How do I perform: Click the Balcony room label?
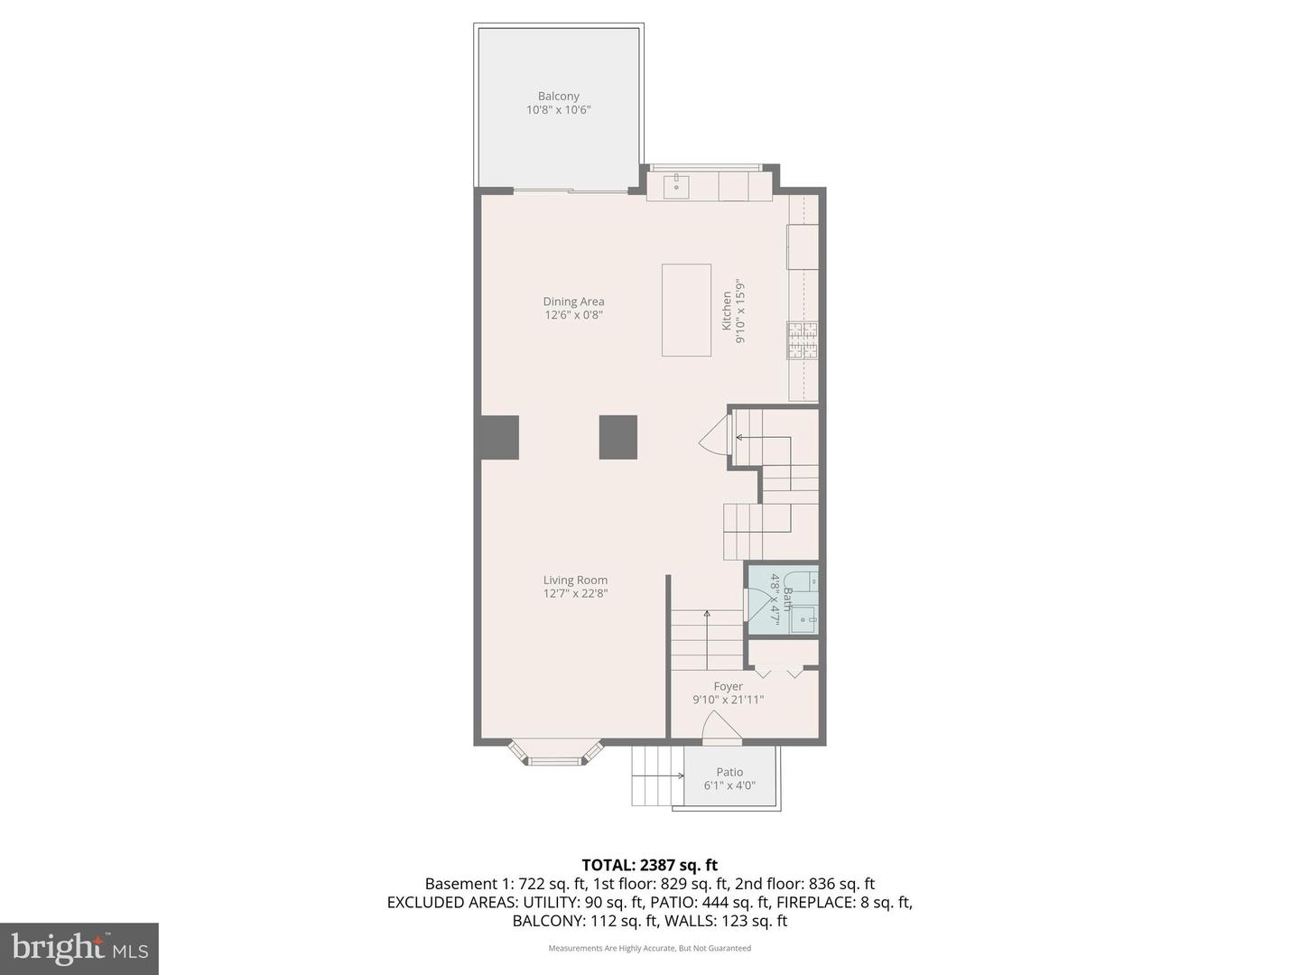(x=558, y=97)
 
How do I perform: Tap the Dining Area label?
(x=573, y=302)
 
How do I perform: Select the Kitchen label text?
(x=727, y=311)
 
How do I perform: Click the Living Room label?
(x=575, y=580)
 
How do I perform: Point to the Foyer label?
(x=728, y=686)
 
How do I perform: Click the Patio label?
(x=729, y=772)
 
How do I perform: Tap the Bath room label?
(x=788, y=599)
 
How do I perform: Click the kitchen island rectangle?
(x=686, y=310)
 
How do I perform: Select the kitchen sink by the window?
(x=675, y=187)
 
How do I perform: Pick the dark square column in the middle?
(x=617, y=437)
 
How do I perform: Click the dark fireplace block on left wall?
(x=499, y=437)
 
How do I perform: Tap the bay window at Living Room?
(x=555, y=754)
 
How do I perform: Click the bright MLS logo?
(x=79, y=948)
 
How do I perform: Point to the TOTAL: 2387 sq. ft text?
(x=649, y=865)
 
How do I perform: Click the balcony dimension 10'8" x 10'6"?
(x=558, y=110)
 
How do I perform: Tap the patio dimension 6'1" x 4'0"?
(x=729, y=785)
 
